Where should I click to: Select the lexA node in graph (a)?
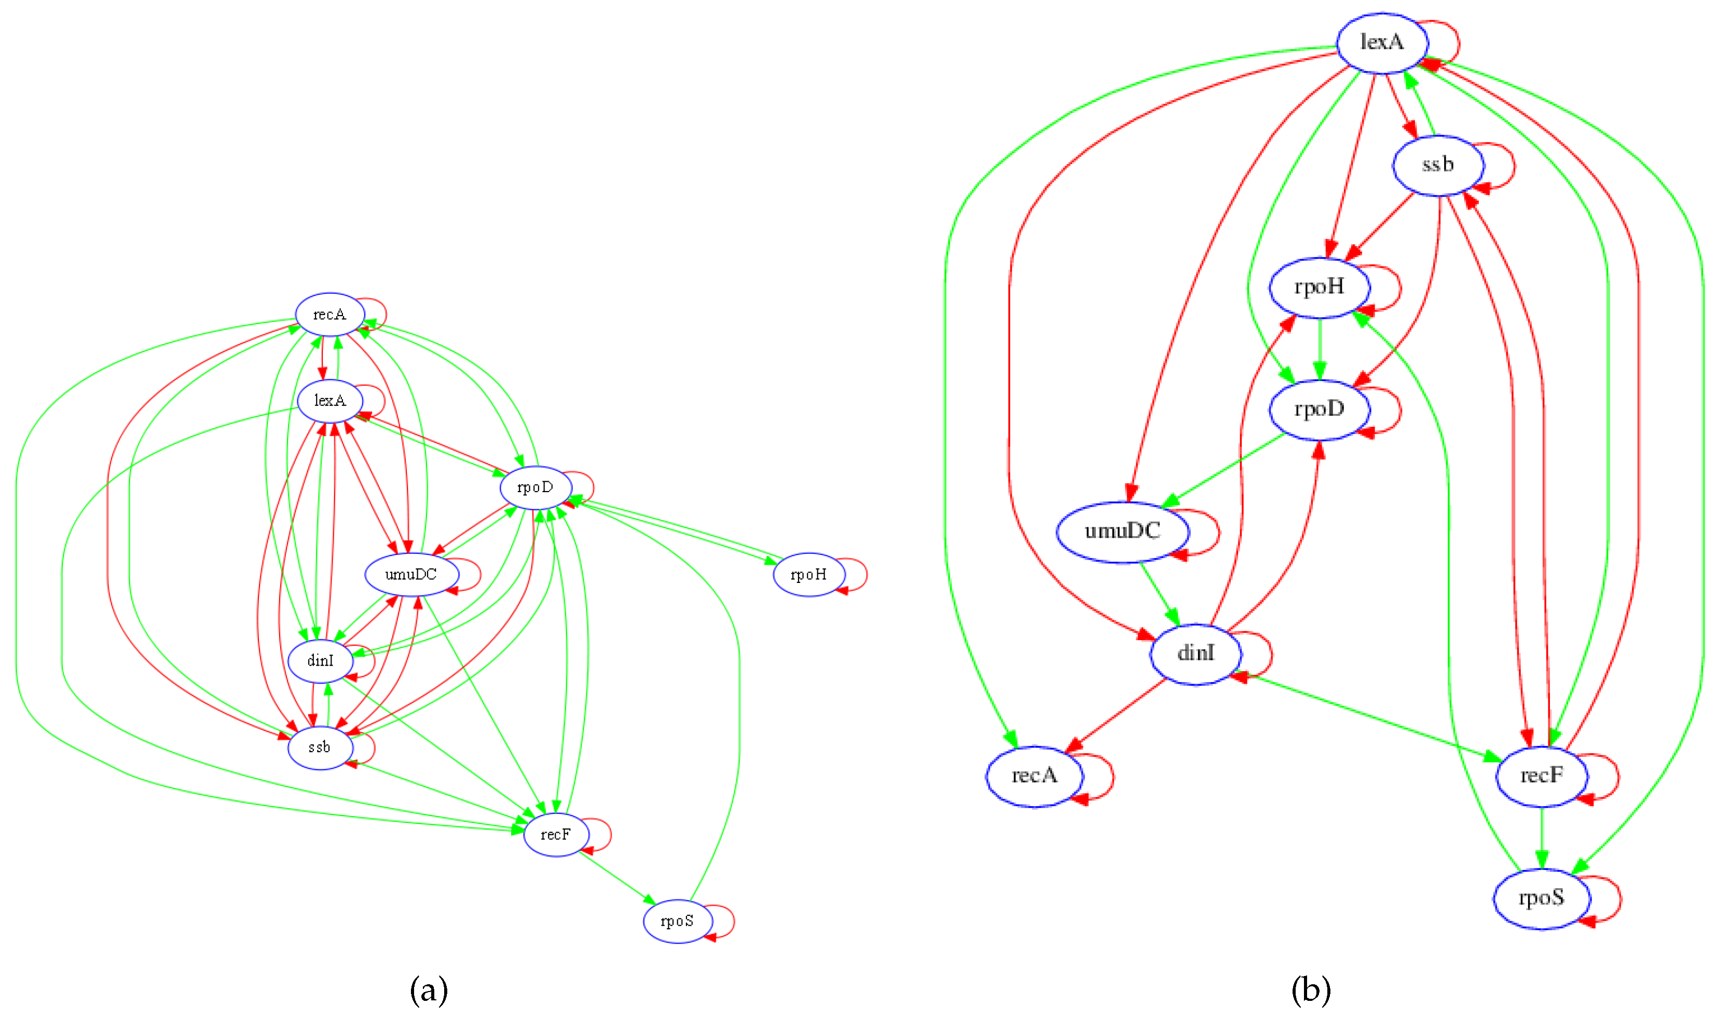tap(330, 401)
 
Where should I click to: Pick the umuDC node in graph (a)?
tap(411, 574)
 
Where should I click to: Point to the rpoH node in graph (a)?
tap(808, 574)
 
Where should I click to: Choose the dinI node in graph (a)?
tap(320, 661)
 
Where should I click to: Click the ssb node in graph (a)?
tap(320, 747)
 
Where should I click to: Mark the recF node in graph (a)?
tap(555, 834)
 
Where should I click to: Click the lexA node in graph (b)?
tap(1382, 43)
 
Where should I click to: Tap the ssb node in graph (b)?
tap(1438, 165)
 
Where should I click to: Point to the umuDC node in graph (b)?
tap(1122, 532)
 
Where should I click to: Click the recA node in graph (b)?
tap(1035, 776)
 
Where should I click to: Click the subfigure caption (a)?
tap(429, 990)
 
